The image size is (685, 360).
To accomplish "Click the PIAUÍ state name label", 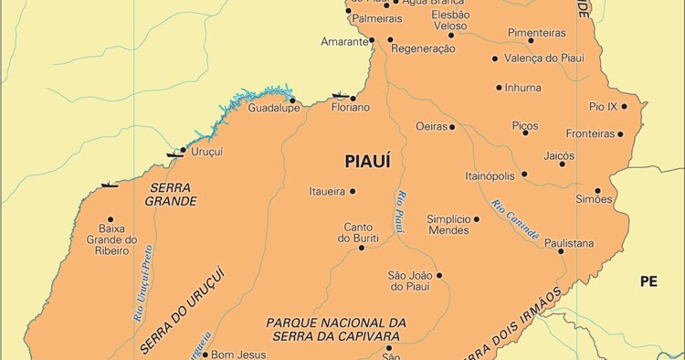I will point(367,162).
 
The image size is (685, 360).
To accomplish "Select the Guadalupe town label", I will point(274,108).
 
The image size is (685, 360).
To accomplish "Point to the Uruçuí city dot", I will point(184,150).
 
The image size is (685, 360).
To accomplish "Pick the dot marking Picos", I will point(525,133).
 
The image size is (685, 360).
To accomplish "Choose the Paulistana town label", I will point(569,243).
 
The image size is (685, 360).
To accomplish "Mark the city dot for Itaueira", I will point(353,191).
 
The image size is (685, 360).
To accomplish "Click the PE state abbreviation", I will point(648,281).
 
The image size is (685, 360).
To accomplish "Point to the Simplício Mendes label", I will point(448,225).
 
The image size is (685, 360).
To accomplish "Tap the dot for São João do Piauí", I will point(438,275).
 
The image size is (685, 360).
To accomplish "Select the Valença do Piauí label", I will point(545,58).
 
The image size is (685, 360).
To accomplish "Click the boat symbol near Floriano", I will point(341,94).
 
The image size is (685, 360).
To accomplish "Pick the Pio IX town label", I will point(604,106).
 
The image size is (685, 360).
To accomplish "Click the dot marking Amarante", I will point(372,40).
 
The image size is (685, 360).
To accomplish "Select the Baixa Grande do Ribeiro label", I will point(111,240).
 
